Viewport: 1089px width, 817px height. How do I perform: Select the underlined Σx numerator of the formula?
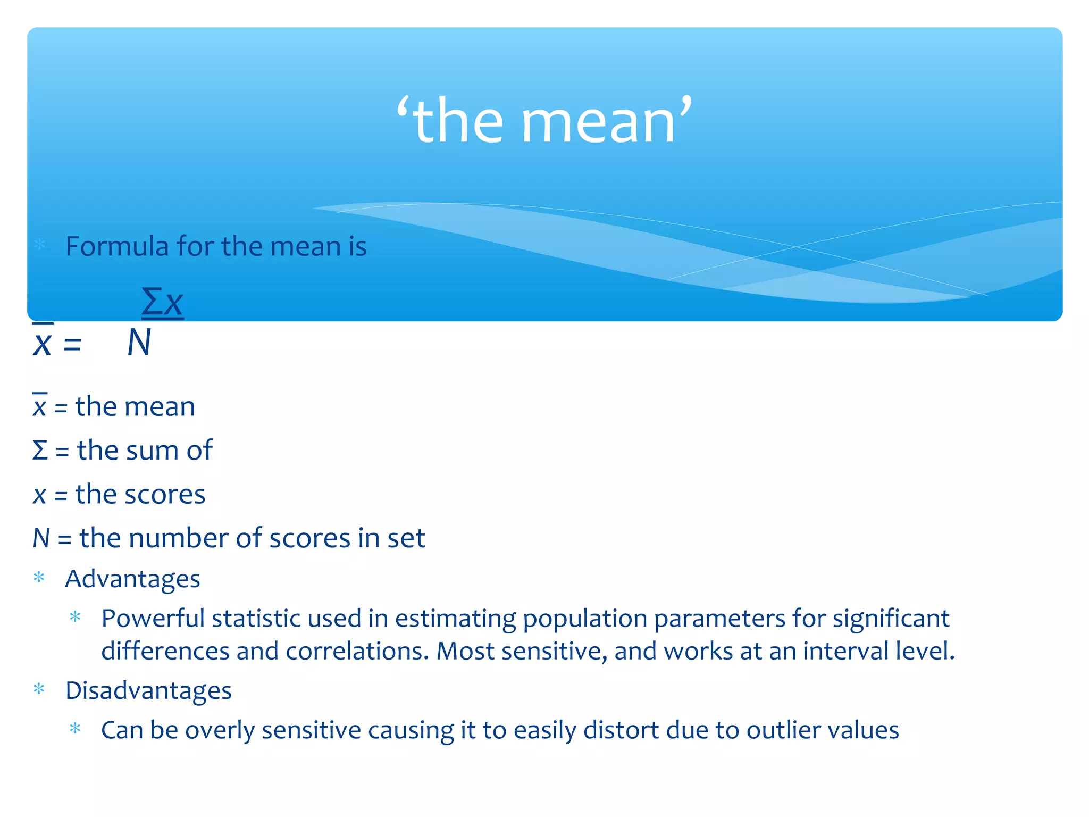click(162, 302)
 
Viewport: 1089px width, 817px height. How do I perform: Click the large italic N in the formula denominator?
click(139, 343)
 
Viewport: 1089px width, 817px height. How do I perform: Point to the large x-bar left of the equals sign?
click(42, 343)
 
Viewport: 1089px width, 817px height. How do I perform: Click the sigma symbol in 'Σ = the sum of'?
click(40, 451)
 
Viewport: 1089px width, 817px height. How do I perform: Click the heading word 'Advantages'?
click(132, 579)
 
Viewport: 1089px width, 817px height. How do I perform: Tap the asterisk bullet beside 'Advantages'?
click(39, 578)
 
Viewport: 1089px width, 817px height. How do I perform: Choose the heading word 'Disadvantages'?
click(148, 690)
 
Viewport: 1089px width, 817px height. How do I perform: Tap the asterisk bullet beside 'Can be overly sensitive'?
click(75, 729)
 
